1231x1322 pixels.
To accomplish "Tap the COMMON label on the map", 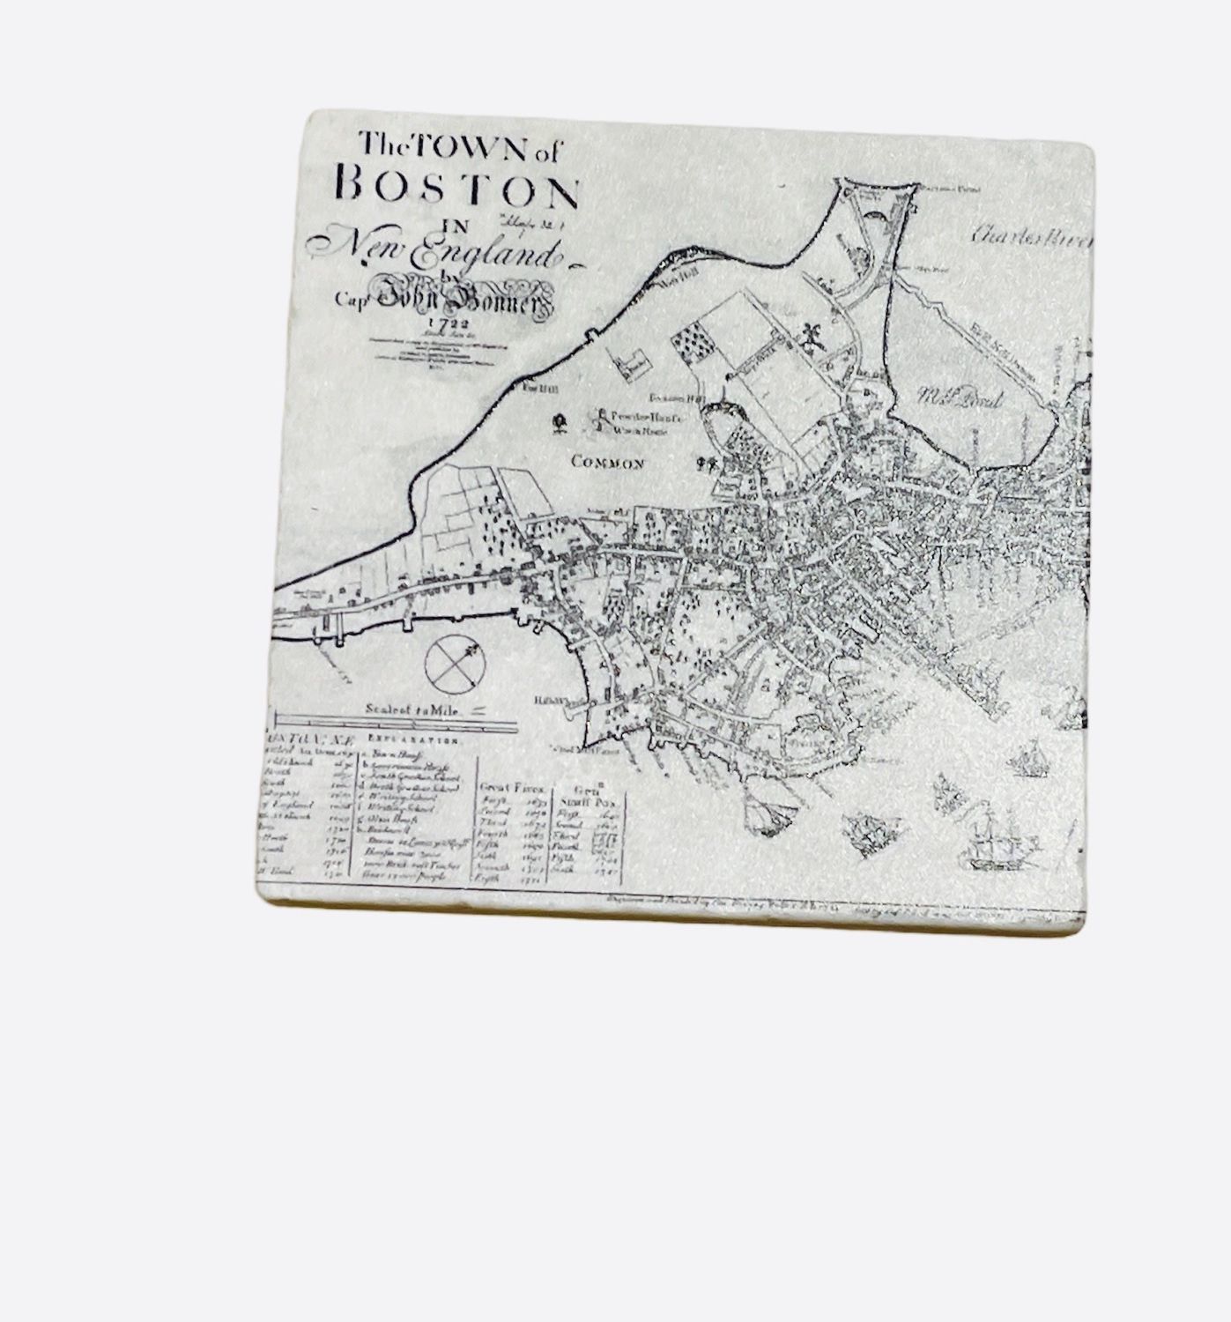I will pyautogui.click(x=608, y=463).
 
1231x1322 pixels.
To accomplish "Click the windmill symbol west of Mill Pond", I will pyautogui.click(x=808, y=336).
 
